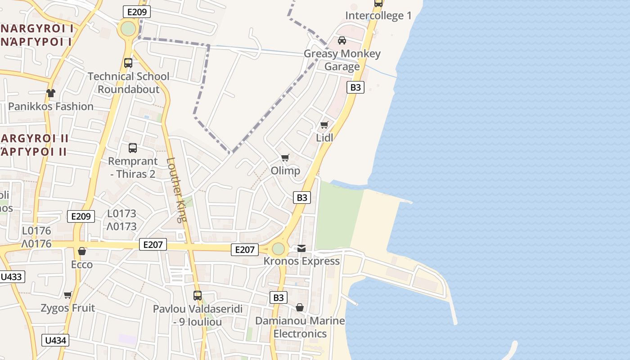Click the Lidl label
[324, 138]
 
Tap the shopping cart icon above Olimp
[285, 157]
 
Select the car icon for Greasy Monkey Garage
[342, 40]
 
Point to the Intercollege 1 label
[378, 16]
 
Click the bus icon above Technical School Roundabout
[128, 63]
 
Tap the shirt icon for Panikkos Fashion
[51, 93]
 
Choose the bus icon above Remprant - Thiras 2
[133, 148]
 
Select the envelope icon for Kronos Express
[301, 248]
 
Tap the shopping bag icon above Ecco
[82, 251]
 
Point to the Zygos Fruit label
[68, 308]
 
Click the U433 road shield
[11, 277]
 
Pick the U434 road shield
[56, 341]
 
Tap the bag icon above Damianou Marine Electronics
[300, 307]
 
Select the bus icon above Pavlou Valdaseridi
[198, 296]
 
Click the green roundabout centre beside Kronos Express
[279, 248]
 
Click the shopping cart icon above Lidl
[324, 125]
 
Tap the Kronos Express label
[301, 261]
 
